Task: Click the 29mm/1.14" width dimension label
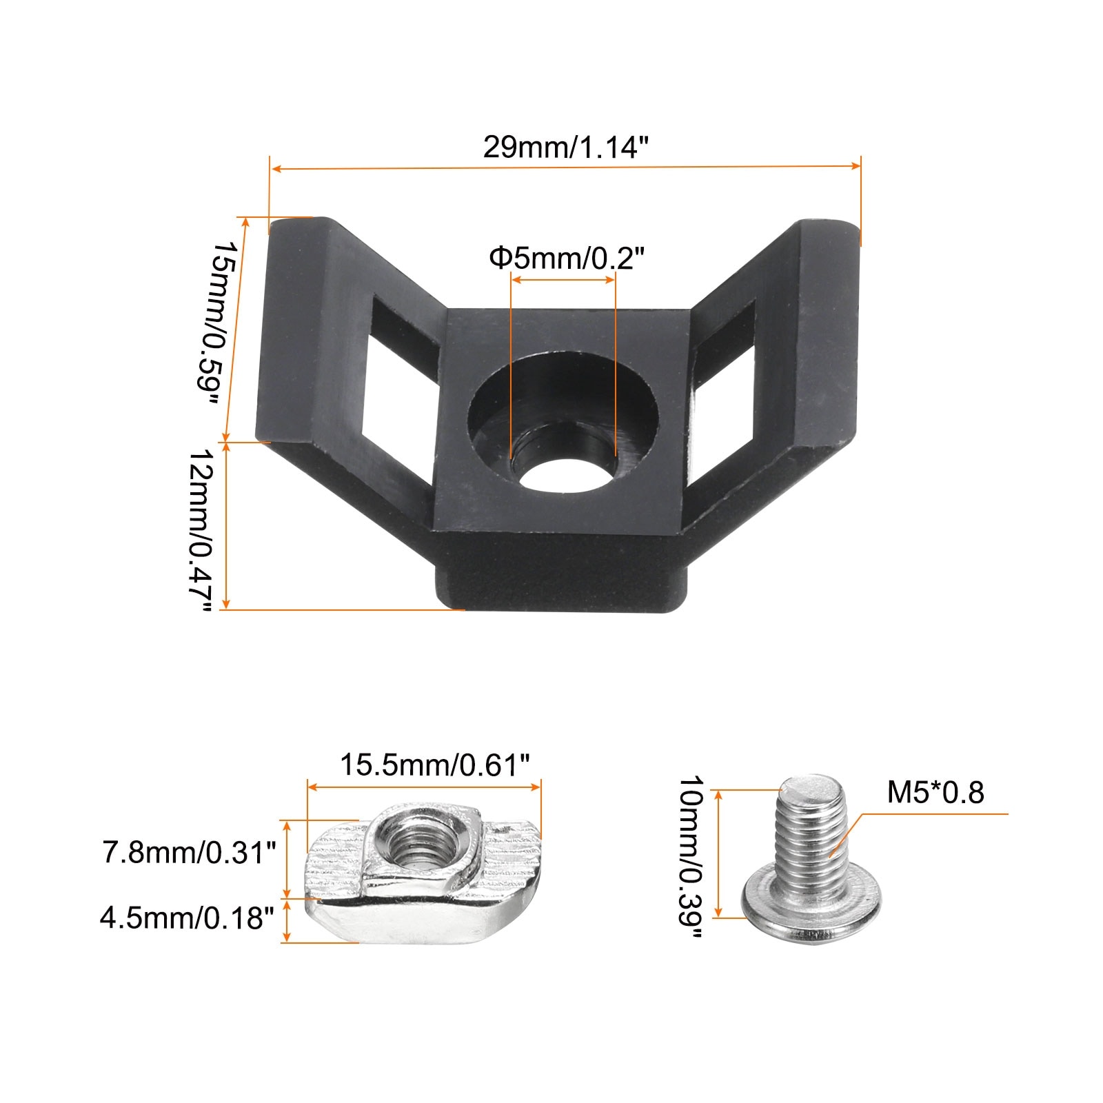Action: coord(565,148)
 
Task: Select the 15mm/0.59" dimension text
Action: coord(224,324)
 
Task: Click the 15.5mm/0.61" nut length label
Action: coord(435,765)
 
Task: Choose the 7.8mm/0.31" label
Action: coord(189,853)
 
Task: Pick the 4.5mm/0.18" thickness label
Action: coord(187,918)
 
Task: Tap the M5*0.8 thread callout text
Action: coord(935,792)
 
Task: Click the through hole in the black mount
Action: coord(562,471)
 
